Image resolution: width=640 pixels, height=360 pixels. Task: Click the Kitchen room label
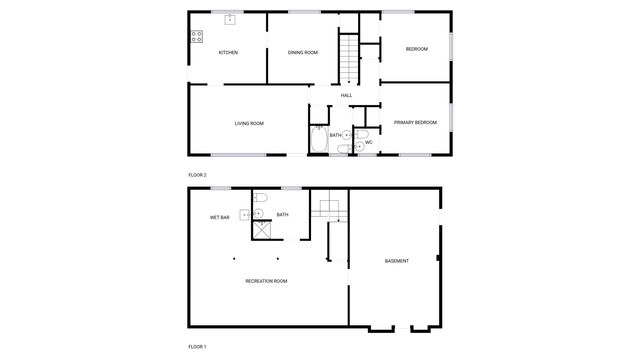(x=228, y=52)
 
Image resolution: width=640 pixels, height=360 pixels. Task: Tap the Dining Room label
(x=303, y=52)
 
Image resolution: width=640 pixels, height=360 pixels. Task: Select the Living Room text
(x=249, y=123)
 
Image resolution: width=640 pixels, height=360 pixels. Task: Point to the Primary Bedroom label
(x=415, y=122)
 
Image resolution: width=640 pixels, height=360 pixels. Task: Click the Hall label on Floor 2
(x=346, y=95)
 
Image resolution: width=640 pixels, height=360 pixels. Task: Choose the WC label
(x=368, y=142)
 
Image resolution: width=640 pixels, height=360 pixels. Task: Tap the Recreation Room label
(x=266, y=281)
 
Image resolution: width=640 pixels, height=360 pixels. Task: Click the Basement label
(x=397, y=261)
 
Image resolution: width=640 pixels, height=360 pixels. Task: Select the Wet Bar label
(x=220, y=217)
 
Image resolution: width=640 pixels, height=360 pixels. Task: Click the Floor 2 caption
(x=198, y=175)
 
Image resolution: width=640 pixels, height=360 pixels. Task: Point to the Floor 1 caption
(x=198, y=346)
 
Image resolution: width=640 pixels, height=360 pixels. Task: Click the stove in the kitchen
(x=196, y=37)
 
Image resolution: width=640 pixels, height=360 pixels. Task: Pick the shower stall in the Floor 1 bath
(x=262, y=229)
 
